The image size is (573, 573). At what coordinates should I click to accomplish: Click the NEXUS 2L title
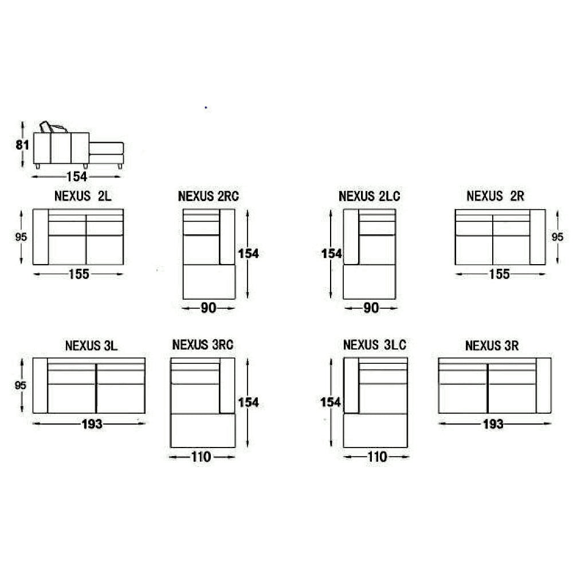[x=83, y=196]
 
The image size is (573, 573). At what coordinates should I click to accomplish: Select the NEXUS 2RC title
[x=209, y=196]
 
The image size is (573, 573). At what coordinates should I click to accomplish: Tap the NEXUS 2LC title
[x=370, y=196]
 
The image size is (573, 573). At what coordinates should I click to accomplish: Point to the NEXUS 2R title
[x=495, y=196]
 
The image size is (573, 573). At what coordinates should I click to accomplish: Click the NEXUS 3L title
[x=91, y=346]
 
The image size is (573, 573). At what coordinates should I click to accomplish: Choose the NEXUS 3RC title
[x=203, y=344]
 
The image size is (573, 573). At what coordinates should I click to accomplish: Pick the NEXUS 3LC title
[x=375, y=344]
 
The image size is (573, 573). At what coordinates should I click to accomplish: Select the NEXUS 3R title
[x=492, y=346]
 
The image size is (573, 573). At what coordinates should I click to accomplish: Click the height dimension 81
[x=22, y=145]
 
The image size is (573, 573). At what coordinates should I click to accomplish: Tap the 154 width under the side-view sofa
[x=77, y=177]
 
